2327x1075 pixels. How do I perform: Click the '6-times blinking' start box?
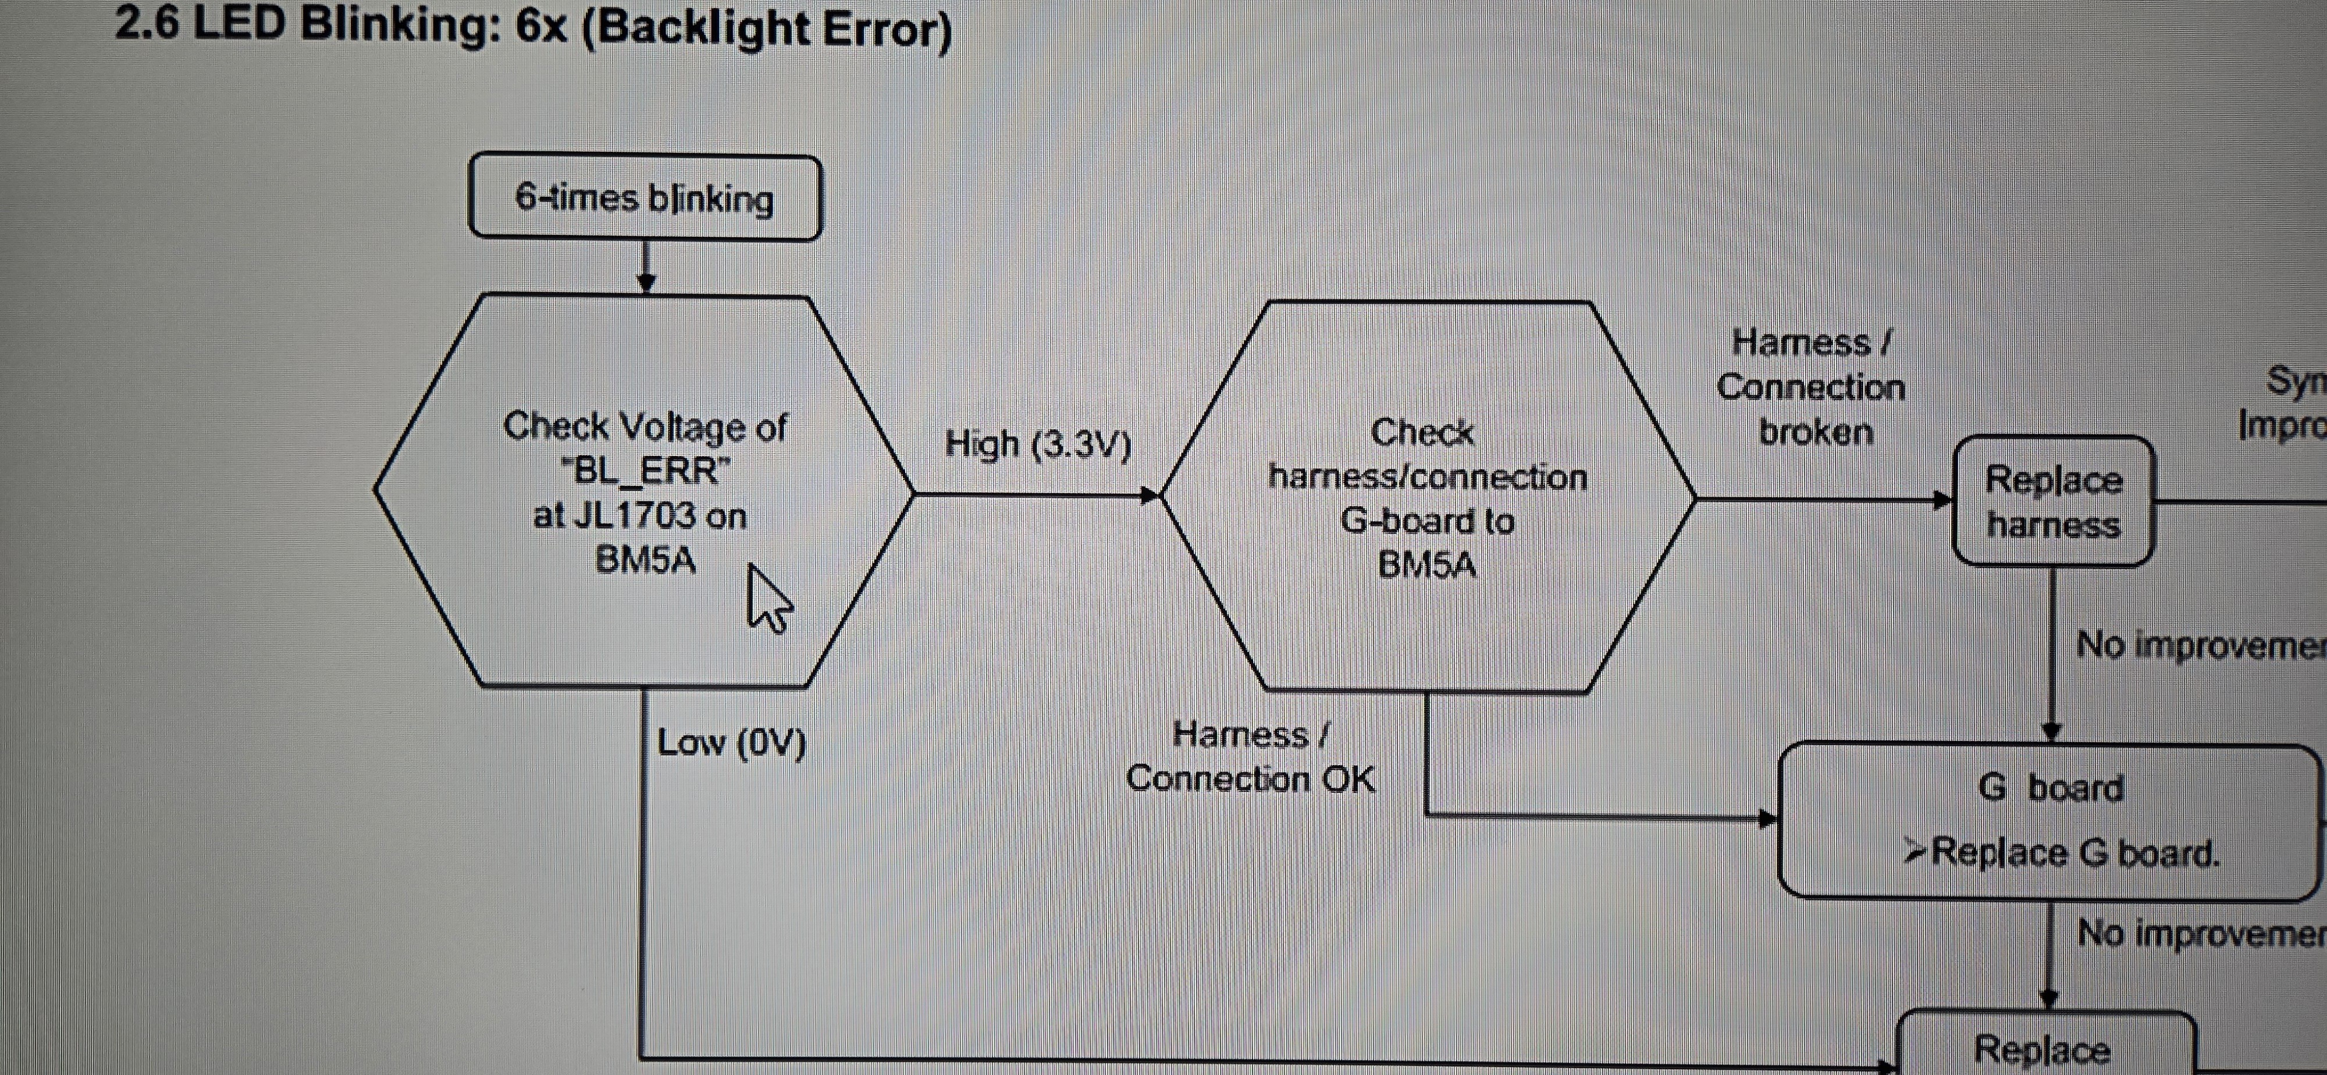click(645, 198)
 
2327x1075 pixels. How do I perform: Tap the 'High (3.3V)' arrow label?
click(1038, 444)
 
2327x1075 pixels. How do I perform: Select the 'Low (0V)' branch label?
click(731, 743)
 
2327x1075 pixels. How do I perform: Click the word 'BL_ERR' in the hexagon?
click(646, 471)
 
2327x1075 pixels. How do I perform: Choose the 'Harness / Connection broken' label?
click(1810, 387)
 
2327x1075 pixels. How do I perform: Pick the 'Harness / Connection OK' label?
click(1250, 757)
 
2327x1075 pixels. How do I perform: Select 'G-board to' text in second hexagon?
click(1426, 521)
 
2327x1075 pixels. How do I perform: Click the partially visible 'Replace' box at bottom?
click(2045, 1048)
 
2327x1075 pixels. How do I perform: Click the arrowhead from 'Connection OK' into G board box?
click(1767, 818)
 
